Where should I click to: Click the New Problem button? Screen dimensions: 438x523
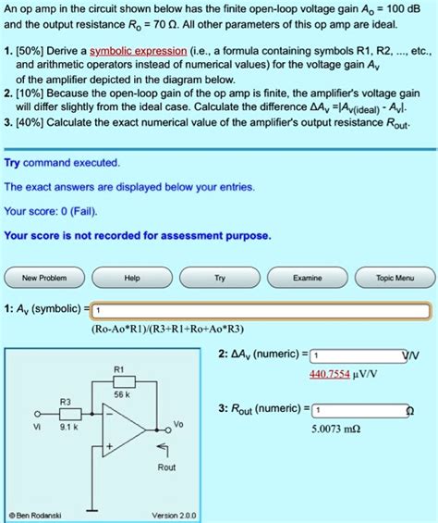click(x=44, y=278)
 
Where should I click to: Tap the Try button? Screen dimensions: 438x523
click(x=219, y=278)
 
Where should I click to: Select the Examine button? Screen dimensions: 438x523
click(x=307, y=278)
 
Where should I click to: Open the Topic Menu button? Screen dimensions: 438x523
click(x=395, y=278)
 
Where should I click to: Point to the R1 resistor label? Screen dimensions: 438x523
click(x=118, y=367)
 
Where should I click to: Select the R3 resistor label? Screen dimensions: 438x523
click(x=64, y=401)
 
